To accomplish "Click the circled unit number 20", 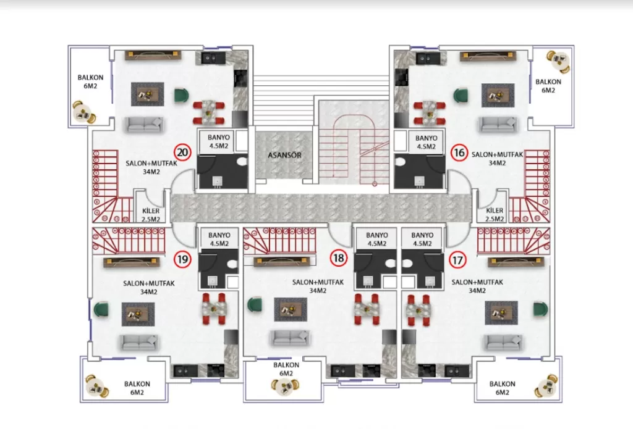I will pos(182,152).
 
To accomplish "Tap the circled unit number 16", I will pos(457,152).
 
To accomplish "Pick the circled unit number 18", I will pos(338,259).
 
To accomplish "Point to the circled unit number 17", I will pos(457,259).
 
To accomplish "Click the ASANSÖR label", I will pos(285,156).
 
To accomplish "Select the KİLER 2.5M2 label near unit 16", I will pos(493,215).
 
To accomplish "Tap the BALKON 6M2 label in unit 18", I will pos(286,369).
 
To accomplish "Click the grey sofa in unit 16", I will pos(498,125).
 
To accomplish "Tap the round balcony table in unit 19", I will pos(98,386).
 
